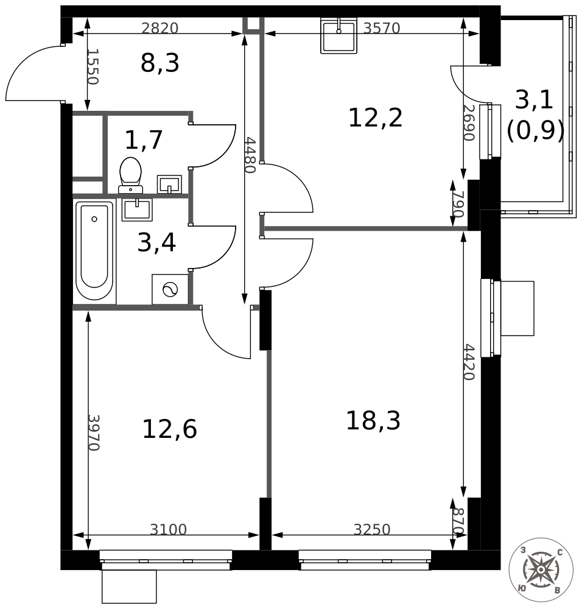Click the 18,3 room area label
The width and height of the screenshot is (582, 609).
373,421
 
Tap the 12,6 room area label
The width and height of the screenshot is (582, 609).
169,429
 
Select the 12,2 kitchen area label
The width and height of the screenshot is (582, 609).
375,118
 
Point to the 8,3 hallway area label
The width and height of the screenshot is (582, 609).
160,63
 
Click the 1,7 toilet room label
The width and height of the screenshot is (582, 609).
144,140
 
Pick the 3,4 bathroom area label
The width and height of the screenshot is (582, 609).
156,242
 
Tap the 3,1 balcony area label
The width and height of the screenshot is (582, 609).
534,99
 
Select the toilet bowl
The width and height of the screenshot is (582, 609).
130,174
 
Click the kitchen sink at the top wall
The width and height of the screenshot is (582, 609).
338,36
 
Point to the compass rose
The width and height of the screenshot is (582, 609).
540,570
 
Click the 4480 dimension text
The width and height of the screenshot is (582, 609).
249,155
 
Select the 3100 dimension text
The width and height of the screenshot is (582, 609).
168,530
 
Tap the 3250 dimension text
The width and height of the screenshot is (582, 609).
371,530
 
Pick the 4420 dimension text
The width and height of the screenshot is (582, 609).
468,362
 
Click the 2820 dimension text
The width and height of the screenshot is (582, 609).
160,28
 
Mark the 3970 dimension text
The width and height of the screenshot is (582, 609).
93,432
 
